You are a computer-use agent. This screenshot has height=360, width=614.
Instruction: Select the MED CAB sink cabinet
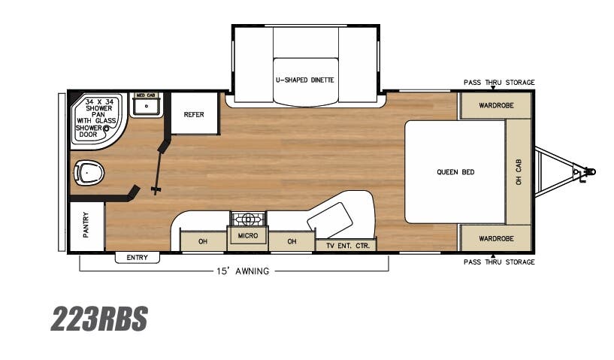(145, 105)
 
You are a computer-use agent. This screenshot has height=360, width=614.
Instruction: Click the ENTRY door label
(138, 258)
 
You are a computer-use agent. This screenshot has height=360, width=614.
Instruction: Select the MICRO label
(247, 236)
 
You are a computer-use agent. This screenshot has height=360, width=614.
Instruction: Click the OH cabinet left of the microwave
(203, 241)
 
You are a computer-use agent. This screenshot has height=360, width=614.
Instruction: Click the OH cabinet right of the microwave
(292, 241)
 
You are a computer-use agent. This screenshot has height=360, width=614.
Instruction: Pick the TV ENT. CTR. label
(346, 245)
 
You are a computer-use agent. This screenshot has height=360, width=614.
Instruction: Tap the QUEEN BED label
(455, 172)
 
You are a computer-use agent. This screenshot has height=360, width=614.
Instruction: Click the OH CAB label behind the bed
(519, 171)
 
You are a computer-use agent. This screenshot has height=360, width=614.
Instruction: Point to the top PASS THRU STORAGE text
(499, 82)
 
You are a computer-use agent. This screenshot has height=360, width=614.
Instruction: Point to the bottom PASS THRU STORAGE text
(499, 262)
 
